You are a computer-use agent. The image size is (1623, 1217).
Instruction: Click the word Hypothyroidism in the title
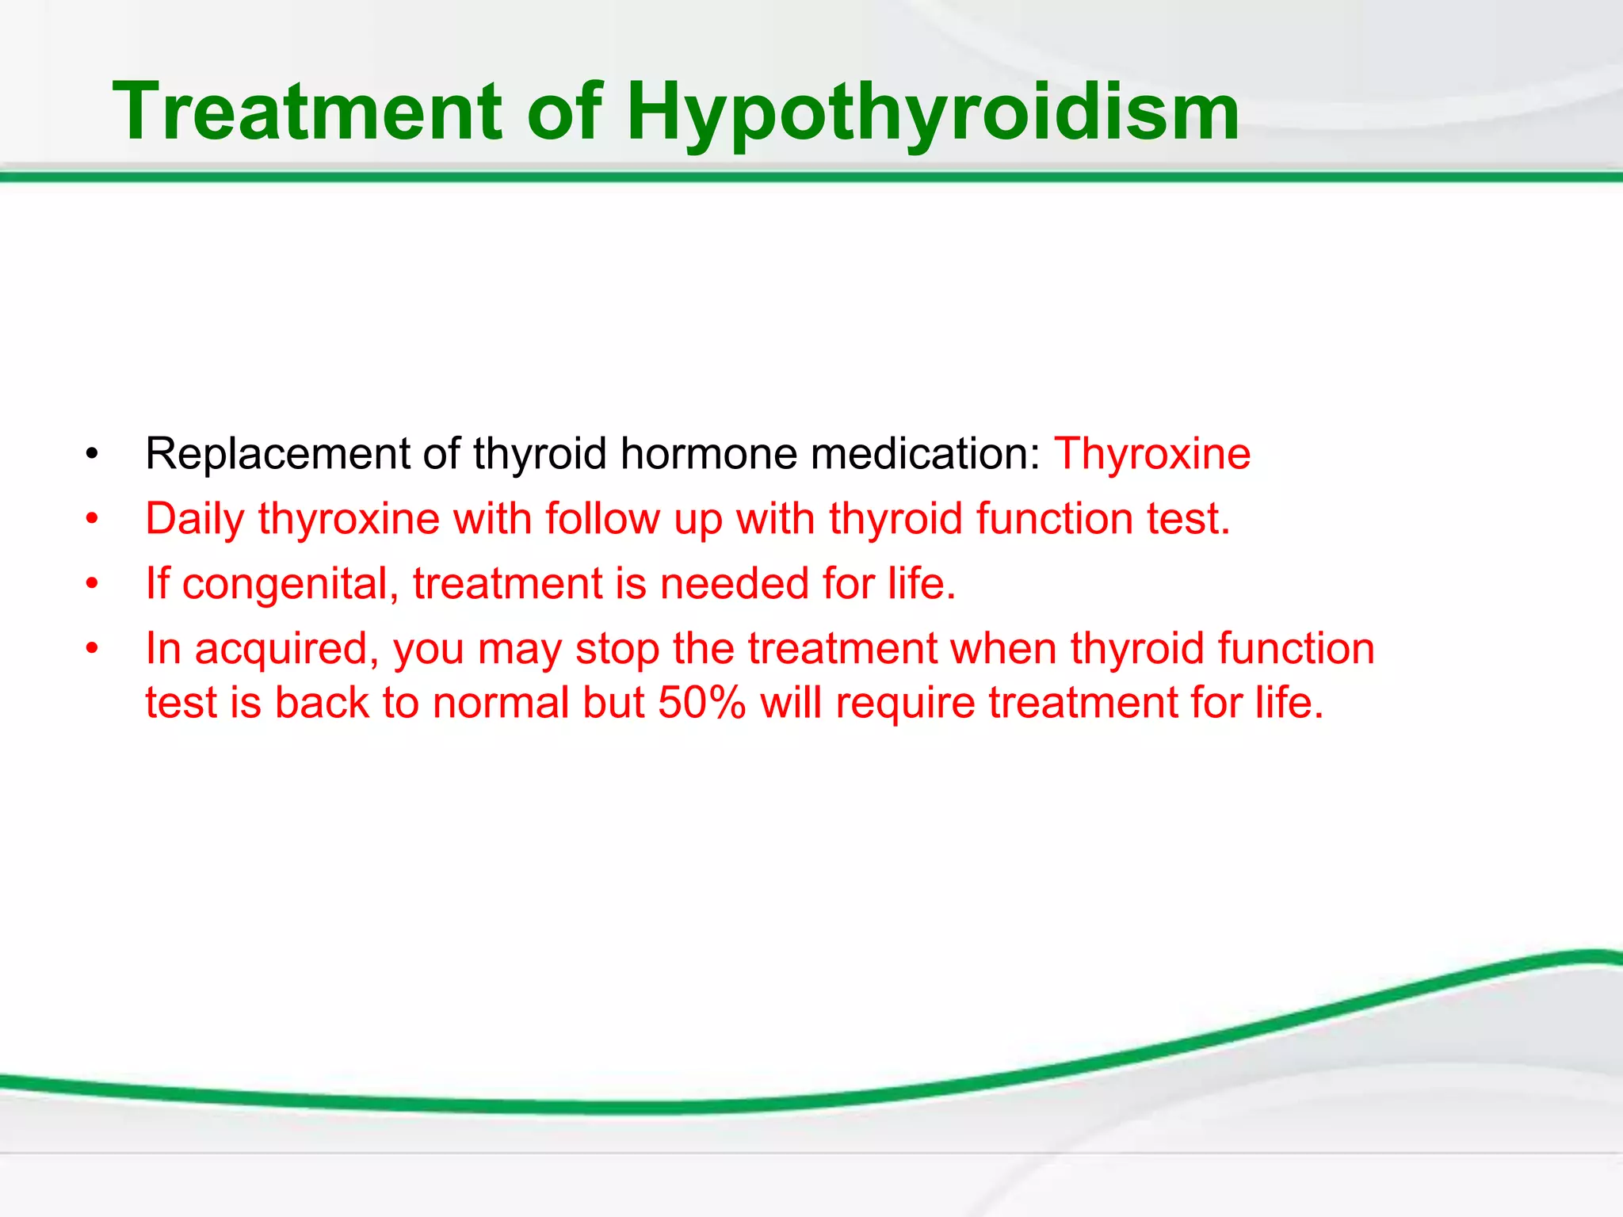933,113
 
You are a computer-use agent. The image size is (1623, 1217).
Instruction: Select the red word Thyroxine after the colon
1151,454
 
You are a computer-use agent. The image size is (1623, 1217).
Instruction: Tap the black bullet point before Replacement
93,455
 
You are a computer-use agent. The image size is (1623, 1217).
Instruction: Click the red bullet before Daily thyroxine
93,520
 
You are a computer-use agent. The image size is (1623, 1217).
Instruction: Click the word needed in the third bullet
734,584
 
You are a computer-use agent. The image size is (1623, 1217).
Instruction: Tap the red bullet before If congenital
93,585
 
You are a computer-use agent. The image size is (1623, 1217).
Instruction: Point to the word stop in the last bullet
617,650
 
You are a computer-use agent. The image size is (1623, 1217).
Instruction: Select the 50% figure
701,703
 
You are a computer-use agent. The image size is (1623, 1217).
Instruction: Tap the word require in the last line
904,703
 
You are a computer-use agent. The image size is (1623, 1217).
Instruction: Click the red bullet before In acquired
93,650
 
